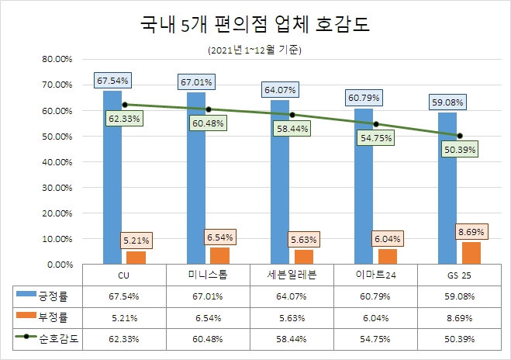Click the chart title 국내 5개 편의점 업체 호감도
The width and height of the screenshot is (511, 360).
(254, 25)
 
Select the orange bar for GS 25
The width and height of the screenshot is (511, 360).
(471, 253)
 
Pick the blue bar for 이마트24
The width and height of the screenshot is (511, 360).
(364, 186)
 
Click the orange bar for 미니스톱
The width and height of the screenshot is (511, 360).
(219, 256)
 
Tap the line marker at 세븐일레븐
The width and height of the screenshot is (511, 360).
(292, 114)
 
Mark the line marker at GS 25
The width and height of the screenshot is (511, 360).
(460, 135)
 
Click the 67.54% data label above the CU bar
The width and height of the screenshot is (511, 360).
(113, 80)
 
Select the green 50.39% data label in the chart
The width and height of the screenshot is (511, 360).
(460, 149)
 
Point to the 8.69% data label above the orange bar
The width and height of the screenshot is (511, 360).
(471, 230)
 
